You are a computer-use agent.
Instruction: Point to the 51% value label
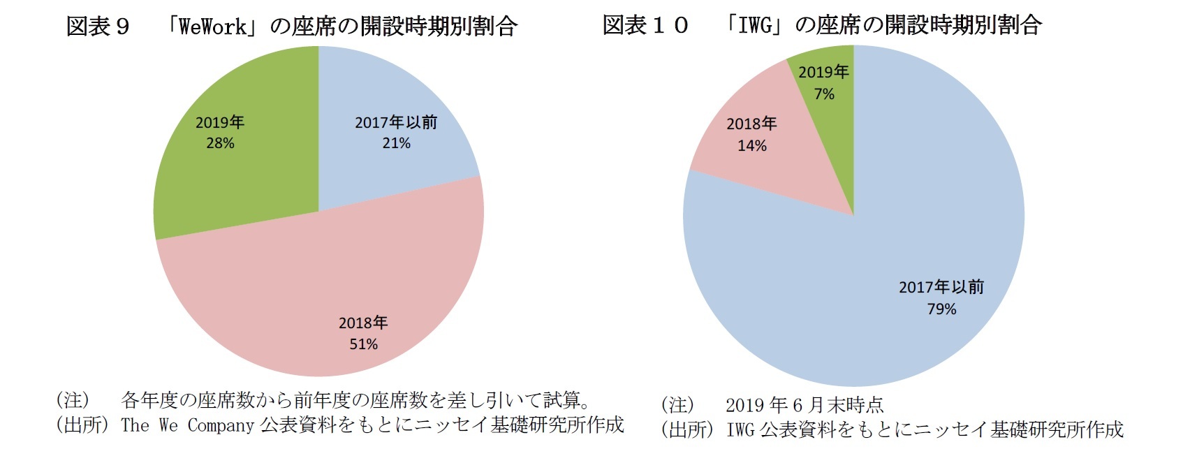click(x=363, y=344)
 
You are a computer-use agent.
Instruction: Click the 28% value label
click(x=220, y=143)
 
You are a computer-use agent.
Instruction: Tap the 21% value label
click(x=396, y=143)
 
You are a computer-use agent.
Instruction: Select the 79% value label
click(x=941, y=309)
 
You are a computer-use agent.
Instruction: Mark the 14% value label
click(x=752, y=145)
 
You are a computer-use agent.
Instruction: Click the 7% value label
click(x=824, y=94)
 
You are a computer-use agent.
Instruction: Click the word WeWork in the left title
click(x=212, y=27)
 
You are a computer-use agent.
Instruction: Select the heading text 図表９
click(x=98, y=27)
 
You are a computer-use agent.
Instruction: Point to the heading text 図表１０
click(x=645, y=26)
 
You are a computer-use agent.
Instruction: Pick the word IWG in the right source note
click(x=740, y=429)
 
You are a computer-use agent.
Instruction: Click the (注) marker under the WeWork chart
click(x=73, y=400)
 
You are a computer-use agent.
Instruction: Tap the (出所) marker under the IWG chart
click(x=686, y=429)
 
